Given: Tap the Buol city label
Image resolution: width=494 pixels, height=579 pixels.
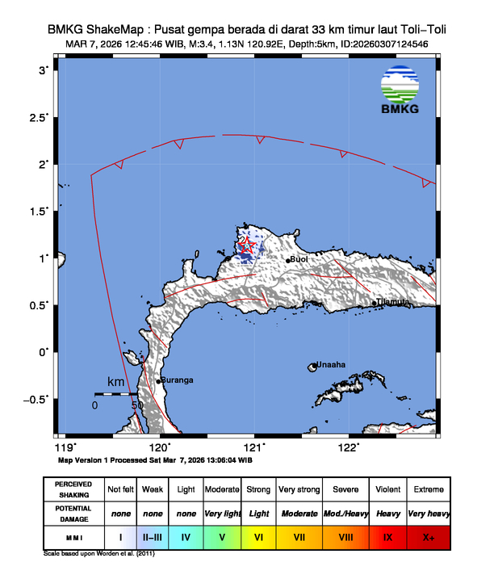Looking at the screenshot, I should [x=299, y=259].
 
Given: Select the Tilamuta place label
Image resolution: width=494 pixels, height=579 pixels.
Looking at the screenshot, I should [x=391, y=301].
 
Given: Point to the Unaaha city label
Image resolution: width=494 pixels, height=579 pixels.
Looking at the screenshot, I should [x=330, y=364].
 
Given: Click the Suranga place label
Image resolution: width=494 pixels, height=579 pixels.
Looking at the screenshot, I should [x=176, y=380].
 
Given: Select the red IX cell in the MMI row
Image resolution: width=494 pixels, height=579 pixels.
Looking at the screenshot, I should [x=387, y=535].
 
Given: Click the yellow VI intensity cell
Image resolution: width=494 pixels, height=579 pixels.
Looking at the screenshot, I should [x=258, y=535].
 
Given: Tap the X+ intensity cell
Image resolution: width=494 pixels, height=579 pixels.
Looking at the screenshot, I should [x=428, y=535].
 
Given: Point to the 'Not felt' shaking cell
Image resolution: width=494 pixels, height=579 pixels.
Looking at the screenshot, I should [x=121, y=489].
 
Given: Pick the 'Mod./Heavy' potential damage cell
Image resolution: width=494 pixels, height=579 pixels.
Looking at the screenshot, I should [x=347, y=513].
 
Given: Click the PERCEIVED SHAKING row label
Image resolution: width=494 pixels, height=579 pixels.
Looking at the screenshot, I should [x=73, y=489].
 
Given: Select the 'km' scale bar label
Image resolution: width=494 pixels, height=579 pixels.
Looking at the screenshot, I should [x=116, y=381].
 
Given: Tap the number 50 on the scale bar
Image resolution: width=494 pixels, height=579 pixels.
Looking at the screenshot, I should [x=137, y=405].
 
